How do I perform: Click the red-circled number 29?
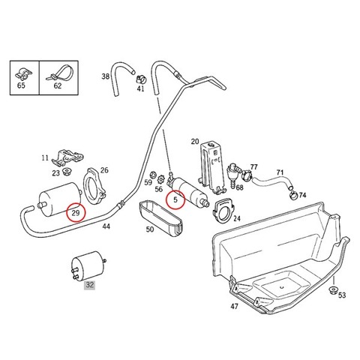pyautogui.click(x=76, y=213)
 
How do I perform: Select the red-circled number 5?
pyautogui.click(x=175, y=199)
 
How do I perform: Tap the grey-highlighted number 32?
pyautogui.click(x=90, y=285)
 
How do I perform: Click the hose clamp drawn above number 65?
pyautogui.click(x=23, y=73)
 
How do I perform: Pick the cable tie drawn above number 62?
pyautogui.click(x=61, y=73)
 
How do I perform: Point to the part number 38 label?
pyautogui.click(x=106, y=76)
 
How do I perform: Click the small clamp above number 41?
pyautogui.click(x=141, y=78)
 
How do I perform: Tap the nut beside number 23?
pyautogui.click(x=67, y=172)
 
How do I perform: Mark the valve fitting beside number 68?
pyautogui.click(x=233, y=174)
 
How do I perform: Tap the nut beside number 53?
pyautogui.click(x=333, y=290)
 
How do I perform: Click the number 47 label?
pyautogui.click(x=234, y=306)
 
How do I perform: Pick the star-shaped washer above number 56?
pyautogui.click(x=160, y=180)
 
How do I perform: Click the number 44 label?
pyautogui.click(x=106, y=226)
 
